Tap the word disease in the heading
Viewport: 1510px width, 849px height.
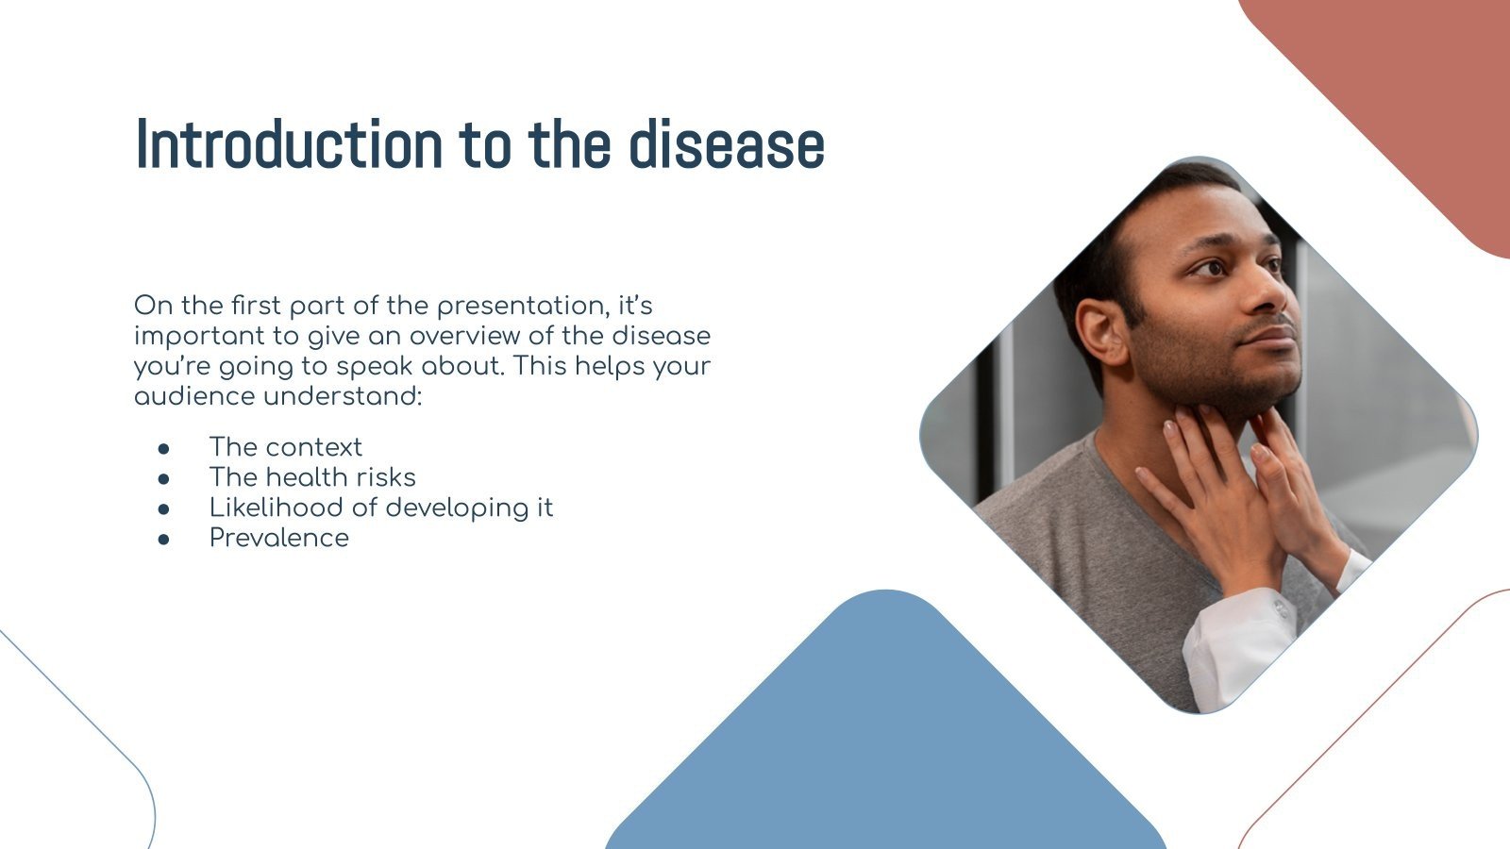click(x=727, y=145)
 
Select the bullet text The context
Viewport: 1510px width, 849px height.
click(x=285, y=447)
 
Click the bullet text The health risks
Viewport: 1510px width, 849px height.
click(x=312, y=477)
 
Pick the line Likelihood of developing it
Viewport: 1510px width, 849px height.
click(x=380, y=508)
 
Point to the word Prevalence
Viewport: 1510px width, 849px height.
click(x=278, y=538)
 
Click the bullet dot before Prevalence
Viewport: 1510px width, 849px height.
click(x=164, y=539)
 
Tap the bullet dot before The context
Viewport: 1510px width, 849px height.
click(x=164, y=448)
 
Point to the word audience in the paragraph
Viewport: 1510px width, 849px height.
click(x=195, y=396)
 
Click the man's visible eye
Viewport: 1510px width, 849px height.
click(x=1209, y=269)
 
